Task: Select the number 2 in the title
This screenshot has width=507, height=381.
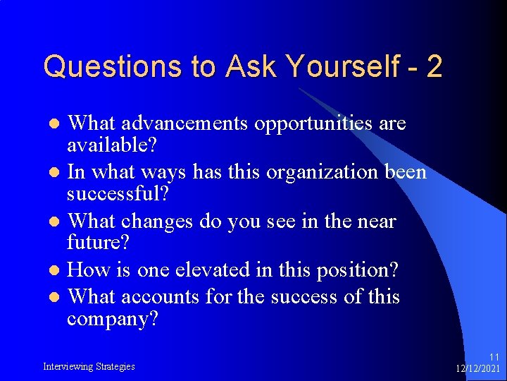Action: (x=434, y=67)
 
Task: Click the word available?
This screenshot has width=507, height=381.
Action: (x=112, y=146)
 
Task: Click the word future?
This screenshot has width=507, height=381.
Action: (x=99, y=243)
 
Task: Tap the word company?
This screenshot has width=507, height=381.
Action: (x=113, y=319)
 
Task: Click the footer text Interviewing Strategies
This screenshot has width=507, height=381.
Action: (x=89, y=366)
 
